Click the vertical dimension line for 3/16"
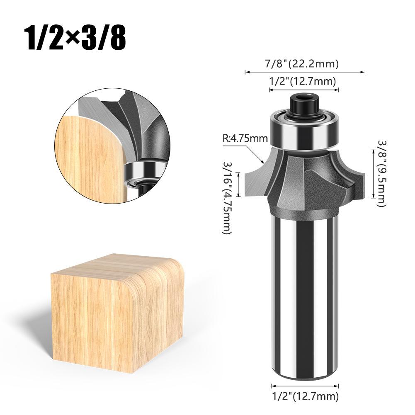click(239, 185)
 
